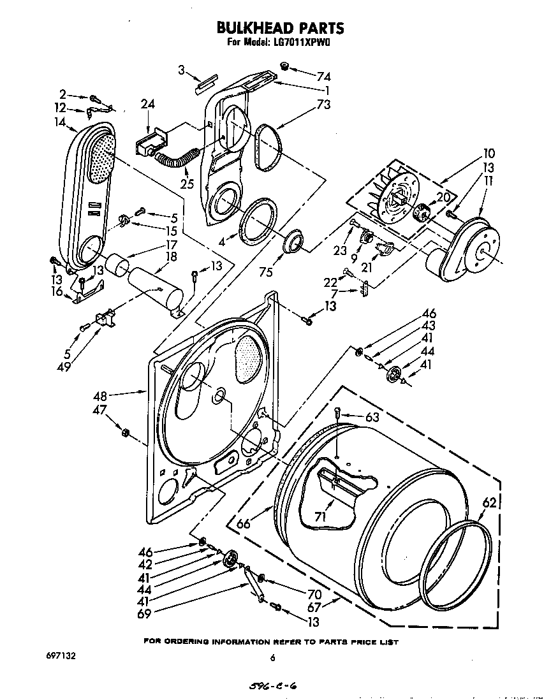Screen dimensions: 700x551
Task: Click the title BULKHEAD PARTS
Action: click(x=281, y=28)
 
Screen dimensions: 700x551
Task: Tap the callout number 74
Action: click(x=323, y=76)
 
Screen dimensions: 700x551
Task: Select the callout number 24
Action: click(x=148, y=105)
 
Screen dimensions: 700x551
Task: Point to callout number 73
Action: click(x=323, y=105)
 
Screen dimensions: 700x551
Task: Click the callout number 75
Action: click(x=267, y=272)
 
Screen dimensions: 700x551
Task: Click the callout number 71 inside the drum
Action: click(x=320, y=516)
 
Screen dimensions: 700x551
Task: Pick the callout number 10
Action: click(x=489, y=154)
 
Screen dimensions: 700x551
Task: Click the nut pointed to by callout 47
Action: click(x=125, y=434)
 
